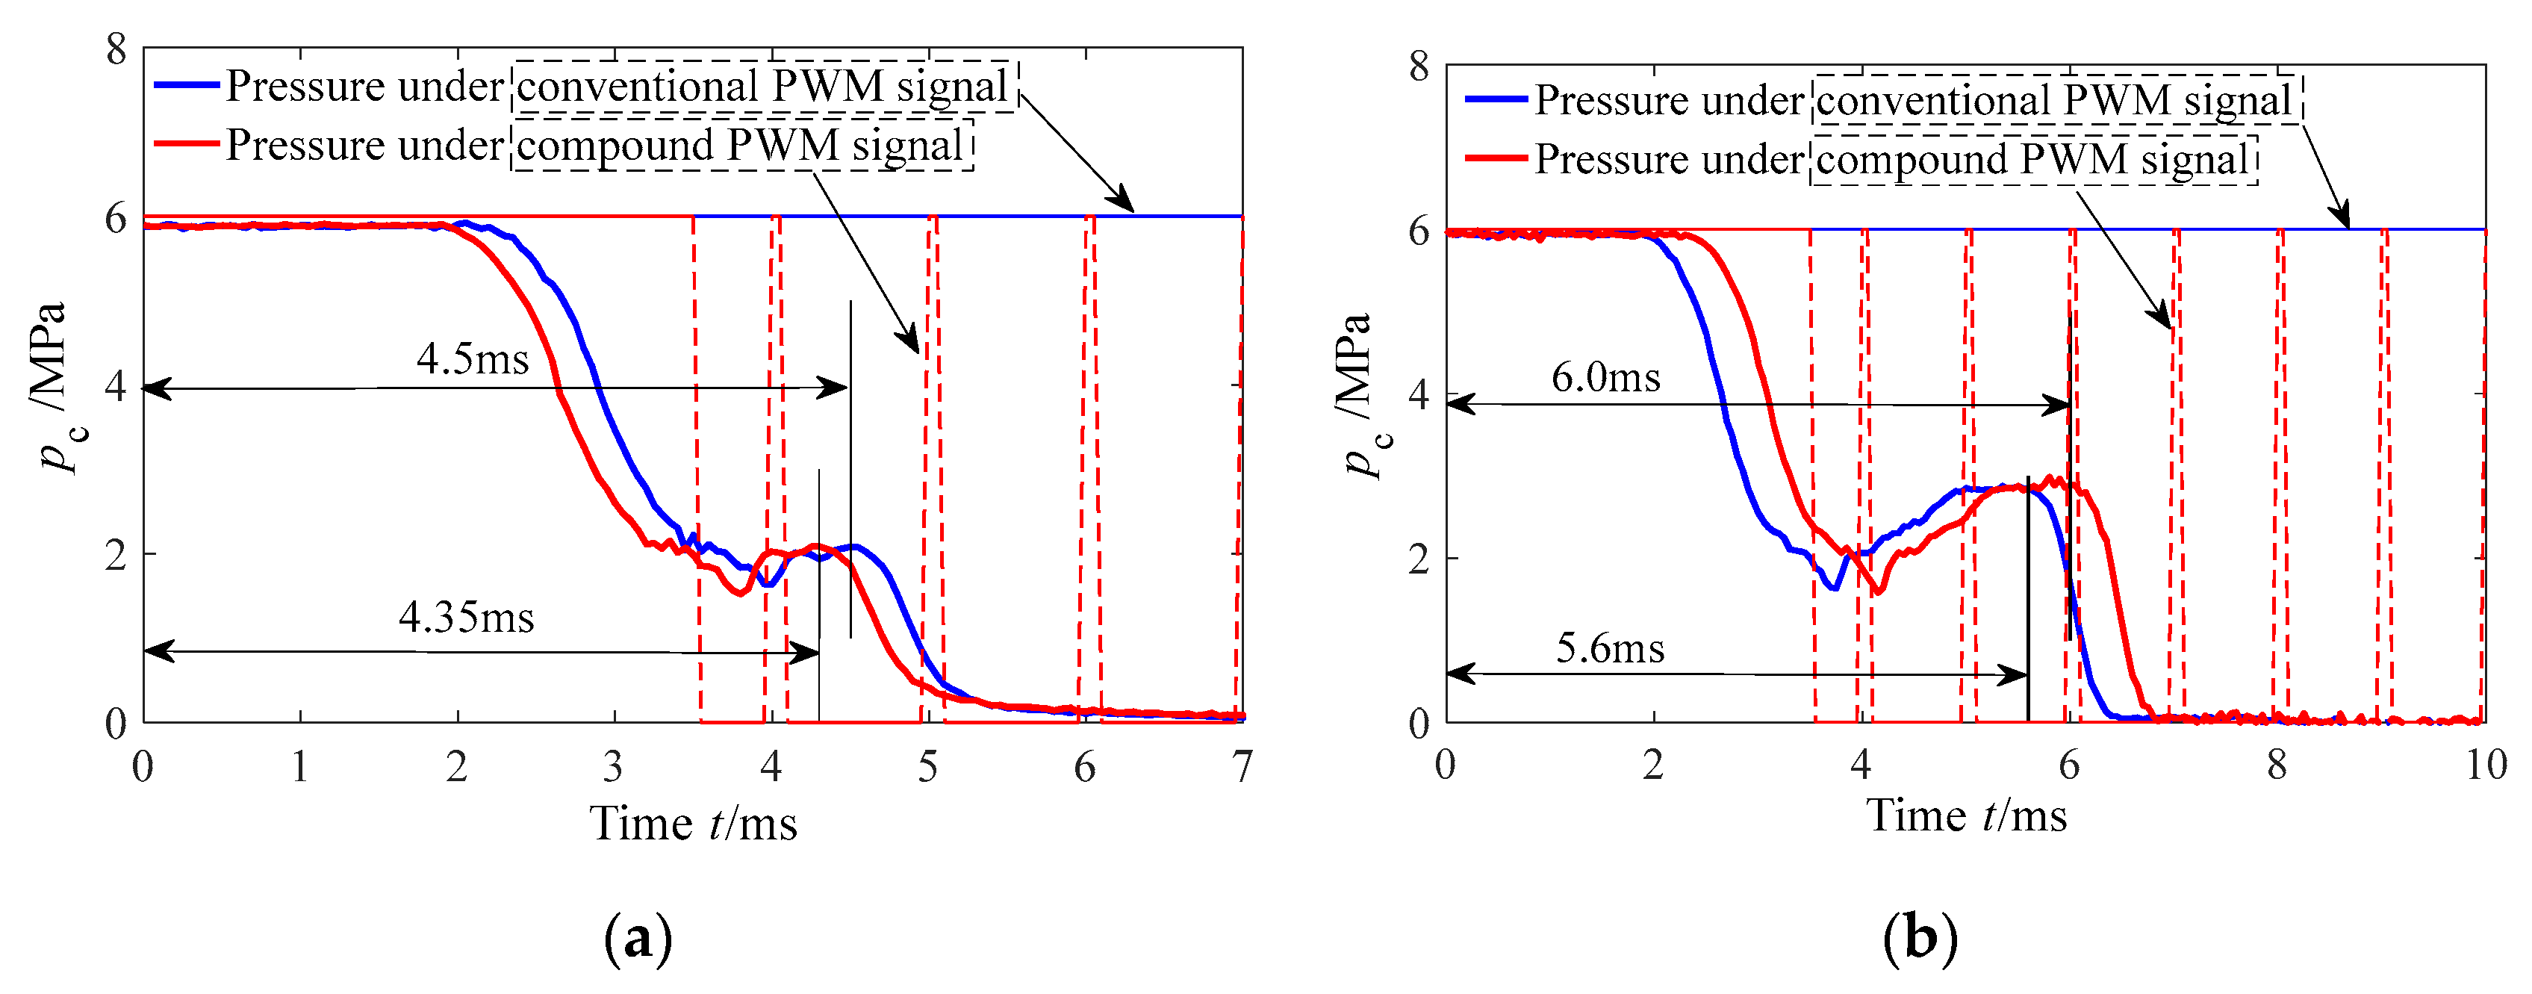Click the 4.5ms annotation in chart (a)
coord(473,359)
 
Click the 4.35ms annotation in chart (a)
coord(467,618)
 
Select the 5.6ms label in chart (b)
coord(1610,649)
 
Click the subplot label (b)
coord(1920,937)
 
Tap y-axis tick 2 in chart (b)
coord(1419,559)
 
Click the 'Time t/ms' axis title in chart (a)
coord(693,824)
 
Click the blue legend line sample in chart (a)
coord(187,86)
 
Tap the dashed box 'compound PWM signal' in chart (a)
coord(743,146)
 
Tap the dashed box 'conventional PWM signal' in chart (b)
coord(2056,99)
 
